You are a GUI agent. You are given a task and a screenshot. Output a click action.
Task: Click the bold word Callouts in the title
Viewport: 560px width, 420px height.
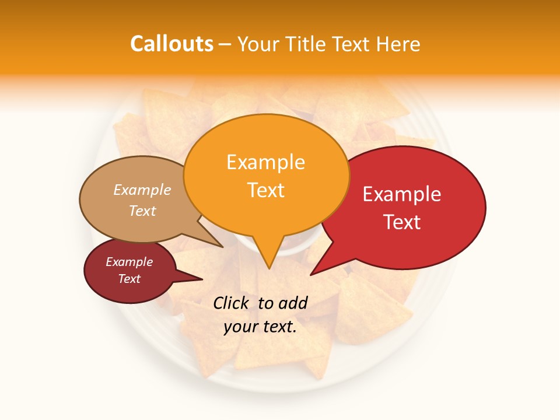171,44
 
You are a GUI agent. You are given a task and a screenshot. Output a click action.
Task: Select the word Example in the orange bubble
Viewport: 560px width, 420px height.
265,162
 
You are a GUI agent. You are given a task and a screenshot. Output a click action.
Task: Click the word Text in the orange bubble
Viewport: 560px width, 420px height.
265,190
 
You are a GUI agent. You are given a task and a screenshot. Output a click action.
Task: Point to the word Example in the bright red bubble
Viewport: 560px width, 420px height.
402,194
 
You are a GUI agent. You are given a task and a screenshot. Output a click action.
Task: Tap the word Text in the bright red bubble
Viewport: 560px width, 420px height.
402,222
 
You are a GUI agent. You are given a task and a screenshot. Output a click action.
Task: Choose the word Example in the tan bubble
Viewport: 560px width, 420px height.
142,190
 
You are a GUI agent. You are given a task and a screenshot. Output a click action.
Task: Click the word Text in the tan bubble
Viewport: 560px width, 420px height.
142,211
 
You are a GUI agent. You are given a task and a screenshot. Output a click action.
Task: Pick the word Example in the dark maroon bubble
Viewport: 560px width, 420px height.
129,262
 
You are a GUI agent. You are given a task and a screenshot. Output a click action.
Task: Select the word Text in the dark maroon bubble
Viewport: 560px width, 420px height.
129,279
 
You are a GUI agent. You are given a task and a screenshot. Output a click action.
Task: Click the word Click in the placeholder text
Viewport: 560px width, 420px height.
232,303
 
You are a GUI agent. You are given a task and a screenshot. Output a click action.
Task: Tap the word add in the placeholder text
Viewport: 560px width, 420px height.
293,303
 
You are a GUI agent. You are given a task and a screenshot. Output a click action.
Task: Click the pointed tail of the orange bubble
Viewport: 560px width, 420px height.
268,265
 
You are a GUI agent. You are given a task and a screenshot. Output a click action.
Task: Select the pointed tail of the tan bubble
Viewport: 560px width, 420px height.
219,244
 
